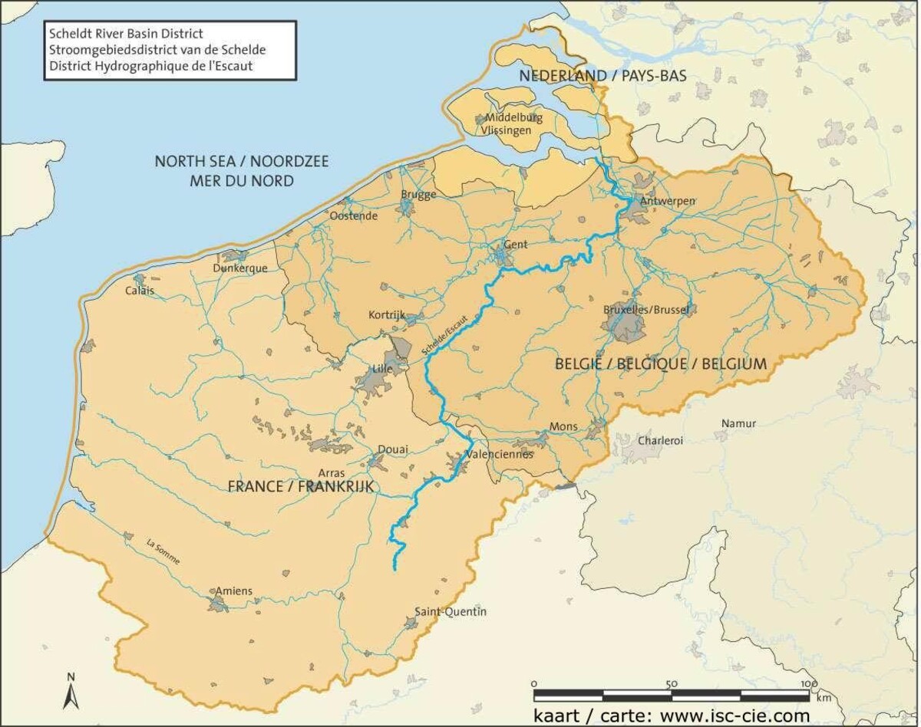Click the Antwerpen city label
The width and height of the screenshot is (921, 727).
[668, 201]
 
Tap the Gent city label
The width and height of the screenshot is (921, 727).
[515, 245]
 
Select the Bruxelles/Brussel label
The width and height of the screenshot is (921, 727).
[646, 309]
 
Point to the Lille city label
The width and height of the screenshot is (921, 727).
[381, 370]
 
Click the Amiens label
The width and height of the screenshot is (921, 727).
[233, 590]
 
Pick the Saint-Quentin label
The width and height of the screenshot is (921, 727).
[451, 611]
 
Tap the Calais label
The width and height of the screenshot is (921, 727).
[140, 291]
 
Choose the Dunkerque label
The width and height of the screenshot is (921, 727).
[240, 268]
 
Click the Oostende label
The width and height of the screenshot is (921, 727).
[353, 216]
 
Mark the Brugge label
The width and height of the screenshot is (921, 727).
[418, 194]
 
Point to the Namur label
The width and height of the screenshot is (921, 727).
[738, 423]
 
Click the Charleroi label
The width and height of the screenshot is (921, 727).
[660, 441]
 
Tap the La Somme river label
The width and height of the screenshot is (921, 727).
[163, 552]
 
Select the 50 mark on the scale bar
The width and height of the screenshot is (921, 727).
[671, 684]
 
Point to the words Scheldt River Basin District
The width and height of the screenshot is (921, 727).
[125, 35]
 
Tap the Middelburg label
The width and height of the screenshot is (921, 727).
[513, 118]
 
